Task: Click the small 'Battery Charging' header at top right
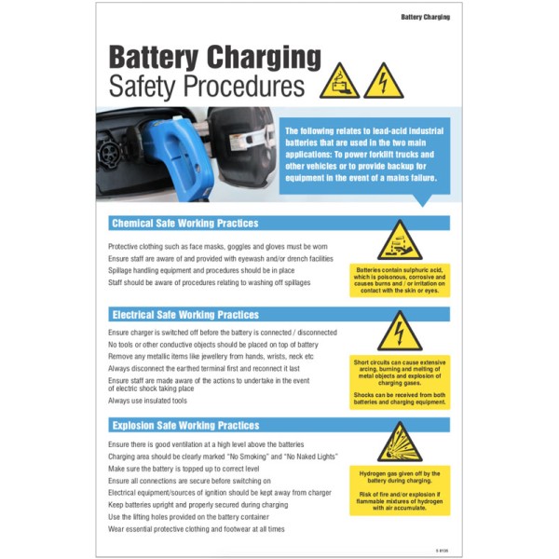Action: click(425, 17)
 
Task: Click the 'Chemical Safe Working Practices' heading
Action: click(184, 224)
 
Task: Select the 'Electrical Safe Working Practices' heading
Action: click(184, 315)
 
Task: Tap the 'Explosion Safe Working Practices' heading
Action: click(184, 426)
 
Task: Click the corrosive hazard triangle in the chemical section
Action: click(400, 241)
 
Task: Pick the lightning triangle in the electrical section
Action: click(400, 332)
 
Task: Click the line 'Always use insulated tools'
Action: click(147, 401)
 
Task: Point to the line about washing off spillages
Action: click(209, 281)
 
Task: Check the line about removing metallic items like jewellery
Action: click(211, 356)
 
